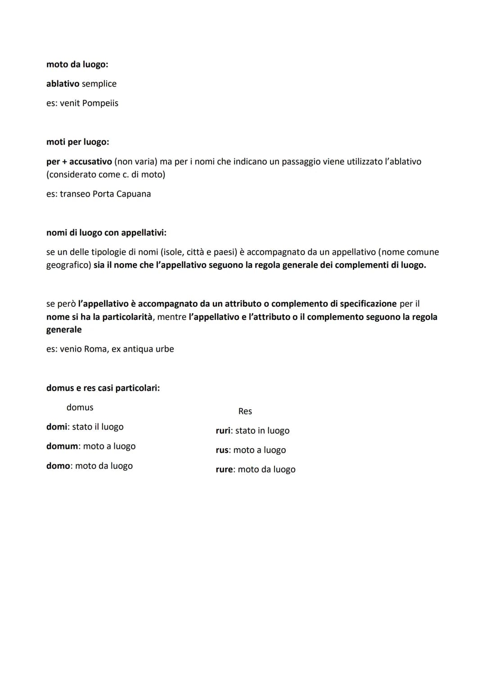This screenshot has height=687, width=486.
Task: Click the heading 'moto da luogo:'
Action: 77,64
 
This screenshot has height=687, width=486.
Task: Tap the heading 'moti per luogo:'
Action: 77,142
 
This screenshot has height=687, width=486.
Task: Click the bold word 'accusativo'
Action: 90,162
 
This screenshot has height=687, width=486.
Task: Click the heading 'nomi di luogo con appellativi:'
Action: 106,233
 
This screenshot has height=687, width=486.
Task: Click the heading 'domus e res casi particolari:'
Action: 103,388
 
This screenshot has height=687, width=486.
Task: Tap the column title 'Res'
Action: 245,411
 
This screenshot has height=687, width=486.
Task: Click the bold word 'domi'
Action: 56,427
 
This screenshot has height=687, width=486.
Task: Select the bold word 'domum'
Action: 62,446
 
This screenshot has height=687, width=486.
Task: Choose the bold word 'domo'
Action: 58,466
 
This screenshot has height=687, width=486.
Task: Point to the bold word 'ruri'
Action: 223,431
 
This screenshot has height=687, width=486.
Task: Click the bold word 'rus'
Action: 222,450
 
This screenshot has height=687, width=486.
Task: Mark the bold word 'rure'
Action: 224,469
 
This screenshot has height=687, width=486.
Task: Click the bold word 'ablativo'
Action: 63,84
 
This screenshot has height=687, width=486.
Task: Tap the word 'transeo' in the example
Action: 75,194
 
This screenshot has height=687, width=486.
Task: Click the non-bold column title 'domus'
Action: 80,408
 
